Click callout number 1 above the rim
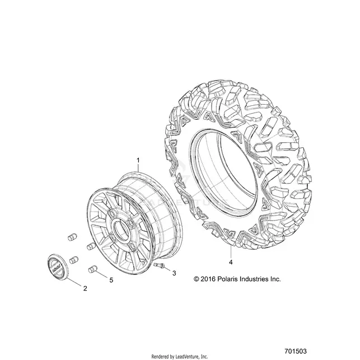138,160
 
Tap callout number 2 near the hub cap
85,288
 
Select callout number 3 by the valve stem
174,273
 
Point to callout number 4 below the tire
231,262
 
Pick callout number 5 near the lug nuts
111,280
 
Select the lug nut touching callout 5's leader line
92,269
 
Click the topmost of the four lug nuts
73,237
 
